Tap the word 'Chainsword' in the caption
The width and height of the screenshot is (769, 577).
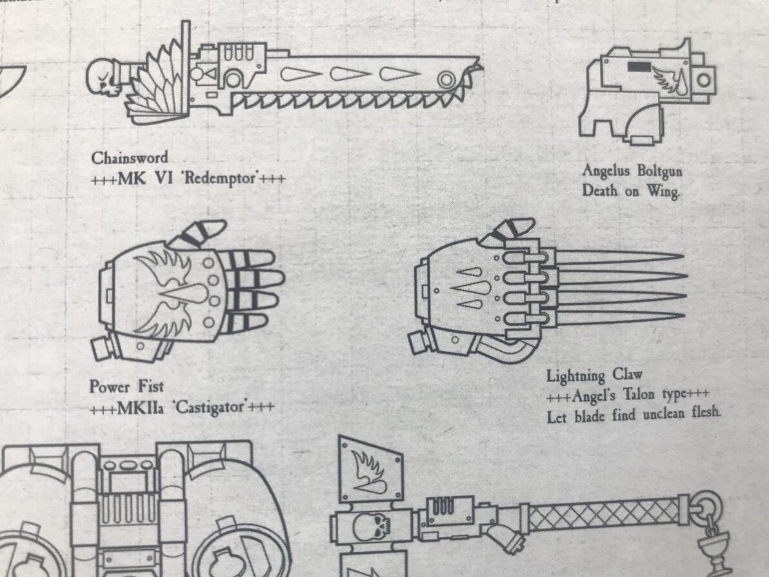point(130,157)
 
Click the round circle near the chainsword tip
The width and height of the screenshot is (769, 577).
point(446,79)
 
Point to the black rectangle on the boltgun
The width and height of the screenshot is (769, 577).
point(639,67)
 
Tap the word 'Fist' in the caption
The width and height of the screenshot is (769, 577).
point(150,386)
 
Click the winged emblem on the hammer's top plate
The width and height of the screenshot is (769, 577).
point(368,472)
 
